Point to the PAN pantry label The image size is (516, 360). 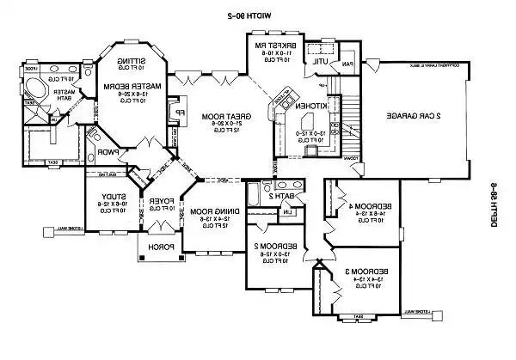pyautogui.click(x=347, y=64)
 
